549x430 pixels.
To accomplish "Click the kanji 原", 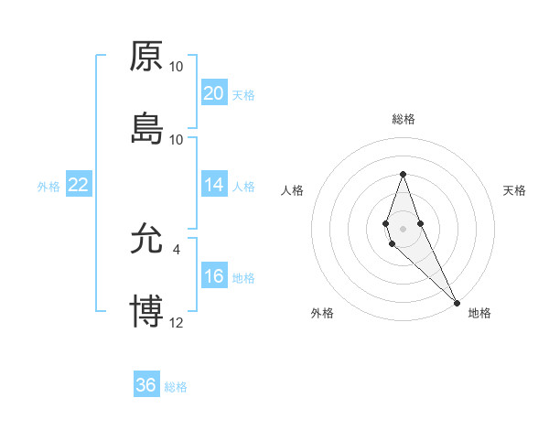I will (146, 57).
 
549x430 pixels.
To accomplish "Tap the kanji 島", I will (146, 129).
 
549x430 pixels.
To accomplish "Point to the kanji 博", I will (146, 311).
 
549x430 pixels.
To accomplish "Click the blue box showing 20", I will (214, 93).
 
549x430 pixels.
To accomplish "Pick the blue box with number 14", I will (214, 185).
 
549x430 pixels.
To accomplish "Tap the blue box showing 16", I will (214, 277).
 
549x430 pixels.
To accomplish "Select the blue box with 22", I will (79, 185).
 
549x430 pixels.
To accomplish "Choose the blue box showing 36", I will (146, 385).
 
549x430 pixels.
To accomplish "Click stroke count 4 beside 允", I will (176, 248).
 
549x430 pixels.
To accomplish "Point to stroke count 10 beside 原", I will (177, 67).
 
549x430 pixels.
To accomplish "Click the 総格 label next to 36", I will (176, 387).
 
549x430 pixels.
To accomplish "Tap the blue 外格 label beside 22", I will (48, 187).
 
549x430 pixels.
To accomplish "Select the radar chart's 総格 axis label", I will (404, 119).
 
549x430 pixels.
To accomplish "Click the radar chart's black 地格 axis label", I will (479, 313).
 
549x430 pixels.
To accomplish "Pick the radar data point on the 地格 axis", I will (456, 301).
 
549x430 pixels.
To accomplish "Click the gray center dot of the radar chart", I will (403, 227).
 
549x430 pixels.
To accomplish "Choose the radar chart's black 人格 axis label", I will (292, 190).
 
